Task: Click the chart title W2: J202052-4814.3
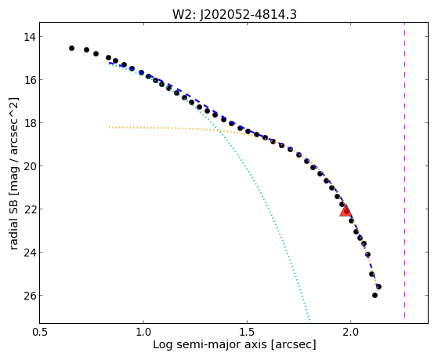click(x=234, y=14)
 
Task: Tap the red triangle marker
click(x=346, y=210)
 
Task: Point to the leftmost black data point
click(x=71, y=48)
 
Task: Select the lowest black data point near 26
click(x=375, y=295)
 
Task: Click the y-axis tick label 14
click(x=29, y=37)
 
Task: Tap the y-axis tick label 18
click(x=29, y=123)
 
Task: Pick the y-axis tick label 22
click(x=29, y=209)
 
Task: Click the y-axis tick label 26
click(x=29, y=296)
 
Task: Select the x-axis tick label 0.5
click(x=40, y=333)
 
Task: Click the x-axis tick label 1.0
click(x=143, y=333)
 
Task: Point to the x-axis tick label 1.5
click(x=247, y=333)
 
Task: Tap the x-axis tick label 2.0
click(x=350, y=333)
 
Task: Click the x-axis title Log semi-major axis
click(x=210, y=344)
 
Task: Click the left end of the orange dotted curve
click(x=110, y=127)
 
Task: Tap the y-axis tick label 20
click(x=29, y=166)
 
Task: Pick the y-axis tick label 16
click(x=29, y=80)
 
